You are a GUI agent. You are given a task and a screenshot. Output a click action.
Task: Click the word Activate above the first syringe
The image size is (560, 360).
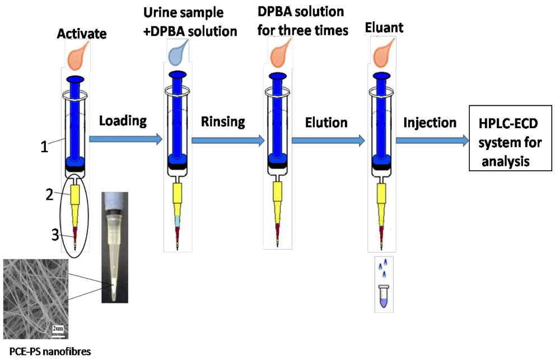tap(82, 35)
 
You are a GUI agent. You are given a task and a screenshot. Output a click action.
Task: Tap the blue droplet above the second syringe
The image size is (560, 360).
tap(179, 55)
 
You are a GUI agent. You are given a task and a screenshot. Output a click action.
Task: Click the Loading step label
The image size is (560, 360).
tap(123, 120)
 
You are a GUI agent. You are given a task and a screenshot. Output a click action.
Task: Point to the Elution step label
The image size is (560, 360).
tap(326, 121)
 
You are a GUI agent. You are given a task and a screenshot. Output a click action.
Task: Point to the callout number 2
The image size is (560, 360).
tap(49, 195)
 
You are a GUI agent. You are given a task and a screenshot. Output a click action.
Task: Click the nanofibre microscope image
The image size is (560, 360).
tap(36, 298)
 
